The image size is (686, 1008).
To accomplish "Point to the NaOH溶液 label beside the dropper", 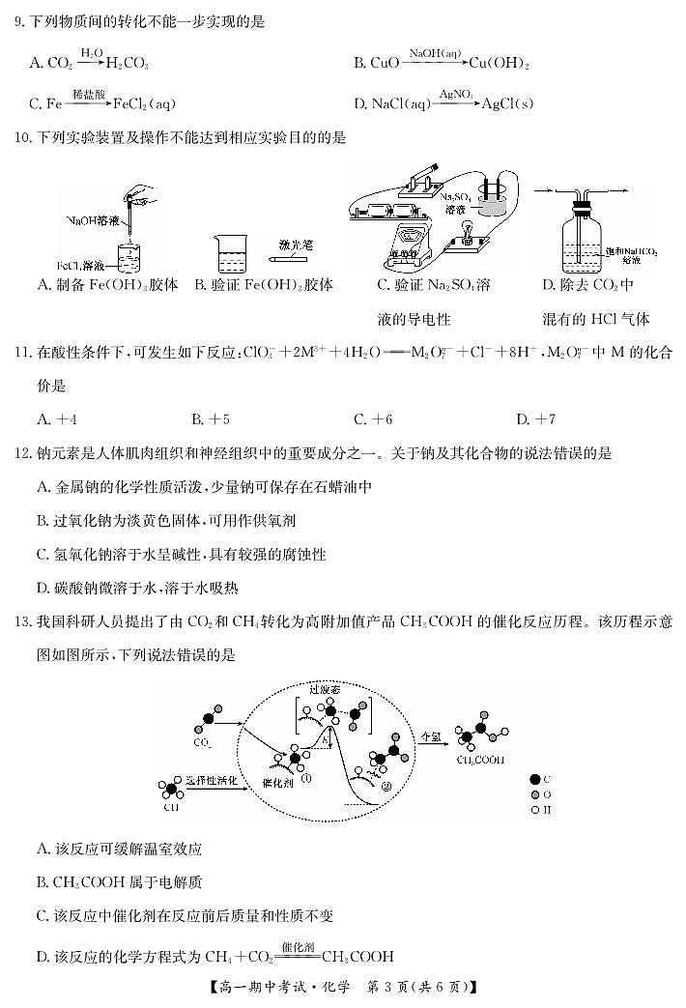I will [93, 222].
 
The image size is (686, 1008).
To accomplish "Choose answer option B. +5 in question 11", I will [210, 418].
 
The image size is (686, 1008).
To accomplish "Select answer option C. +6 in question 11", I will [373, 418].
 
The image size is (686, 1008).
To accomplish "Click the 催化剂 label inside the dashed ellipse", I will [280, 781].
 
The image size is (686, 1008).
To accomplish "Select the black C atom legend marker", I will [535, 778].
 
